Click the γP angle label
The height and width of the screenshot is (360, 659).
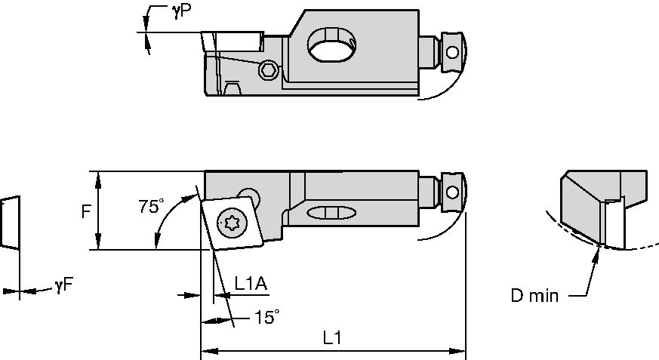180,12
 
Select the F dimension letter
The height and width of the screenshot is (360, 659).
86,212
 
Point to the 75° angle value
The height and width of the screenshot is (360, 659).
151,206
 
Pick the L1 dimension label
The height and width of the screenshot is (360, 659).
333,339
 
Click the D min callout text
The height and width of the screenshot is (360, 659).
534,296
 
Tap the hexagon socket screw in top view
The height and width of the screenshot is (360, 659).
266,70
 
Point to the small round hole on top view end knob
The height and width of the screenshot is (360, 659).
452,52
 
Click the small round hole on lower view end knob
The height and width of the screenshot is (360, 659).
452,190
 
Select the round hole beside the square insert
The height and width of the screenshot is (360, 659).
246,195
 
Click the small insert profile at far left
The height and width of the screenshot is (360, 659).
10,223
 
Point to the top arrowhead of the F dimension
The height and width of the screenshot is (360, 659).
97,177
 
